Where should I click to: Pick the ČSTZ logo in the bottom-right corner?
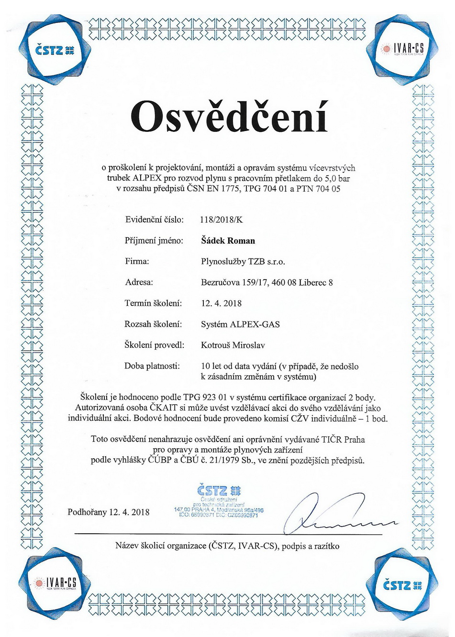pos(403,583)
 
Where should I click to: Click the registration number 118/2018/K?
pos(221,220)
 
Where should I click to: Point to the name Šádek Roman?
pos(228,240)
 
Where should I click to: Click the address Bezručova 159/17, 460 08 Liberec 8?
pos(267,282)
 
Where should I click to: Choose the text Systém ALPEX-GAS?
pos(240,324)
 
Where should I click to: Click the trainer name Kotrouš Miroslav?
pos(233,345)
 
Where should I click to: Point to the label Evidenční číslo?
pos(154,220)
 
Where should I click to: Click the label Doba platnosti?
pos(152,366)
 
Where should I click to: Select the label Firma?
pos(137,261)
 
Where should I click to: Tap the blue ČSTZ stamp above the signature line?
pos(220,502)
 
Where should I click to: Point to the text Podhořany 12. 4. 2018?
pos(109,512)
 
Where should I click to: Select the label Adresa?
pos(139,282)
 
